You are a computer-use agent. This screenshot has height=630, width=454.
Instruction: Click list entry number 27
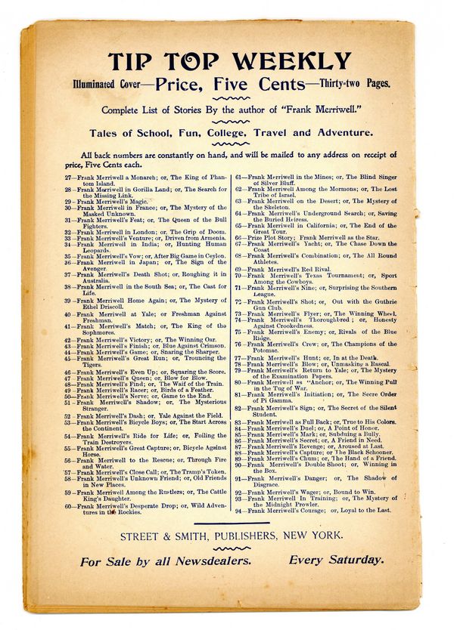68,178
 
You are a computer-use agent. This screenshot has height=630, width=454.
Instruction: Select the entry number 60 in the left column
68,505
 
